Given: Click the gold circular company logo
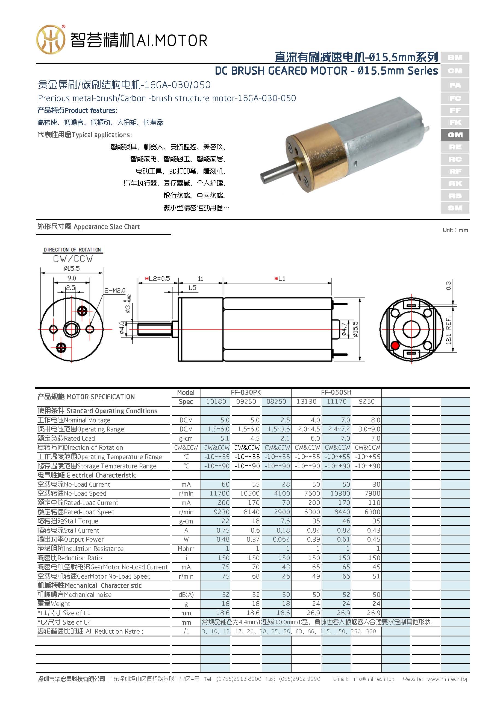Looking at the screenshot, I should tap(51, 39).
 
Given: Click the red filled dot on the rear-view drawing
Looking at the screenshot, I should tap(395, 346).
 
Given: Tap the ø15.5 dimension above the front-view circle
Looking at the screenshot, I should tap(72, 268).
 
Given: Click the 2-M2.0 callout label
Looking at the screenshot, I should tap(115, 290).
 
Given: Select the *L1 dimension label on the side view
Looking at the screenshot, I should tap(280, 279).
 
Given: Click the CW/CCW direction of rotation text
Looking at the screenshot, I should tap(73, 259).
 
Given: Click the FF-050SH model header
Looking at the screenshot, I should tap(336, 392).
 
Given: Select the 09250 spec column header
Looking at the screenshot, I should tap(246, 401).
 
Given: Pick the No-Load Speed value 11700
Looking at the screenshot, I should tap(219, 493).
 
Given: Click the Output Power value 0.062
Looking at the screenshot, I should tap(281, 539).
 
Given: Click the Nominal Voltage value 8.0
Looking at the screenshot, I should tap(375, 420).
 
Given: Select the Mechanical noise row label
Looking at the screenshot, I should tap(74, 594).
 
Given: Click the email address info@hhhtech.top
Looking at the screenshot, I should tap(373, 679).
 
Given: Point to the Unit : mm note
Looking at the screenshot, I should tap(455, 230).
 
